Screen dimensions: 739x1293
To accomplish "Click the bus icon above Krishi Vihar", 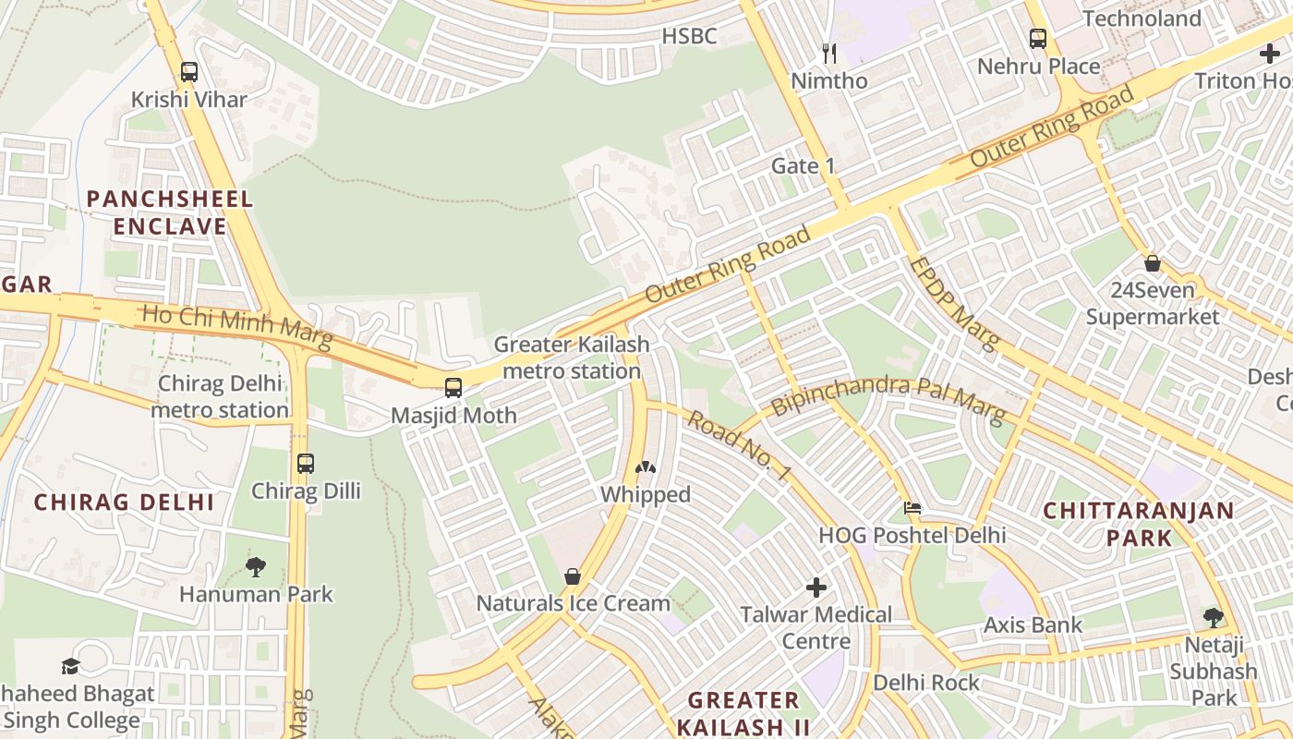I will (189, 71).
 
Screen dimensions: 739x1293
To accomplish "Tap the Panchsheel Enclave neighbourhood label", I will (169, 212).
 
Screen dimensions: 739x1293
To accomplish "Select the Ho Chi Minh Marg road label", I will (236, 326).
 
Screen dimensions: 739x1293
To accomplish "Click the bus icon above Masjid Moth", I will (453, 387).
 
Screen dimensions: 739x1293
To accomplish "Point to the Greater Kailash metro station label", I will (571, 357).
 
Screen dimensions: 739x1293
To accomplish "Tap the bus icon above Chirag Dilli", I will (305, 463).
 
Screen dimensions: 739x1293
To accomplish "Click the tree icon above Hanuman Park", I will (256, 566).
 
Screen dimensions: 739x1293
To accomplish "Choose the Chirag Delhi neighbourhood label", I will (124, 503).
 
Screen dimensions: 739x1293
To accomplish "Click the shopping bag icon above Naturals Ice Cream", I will (573, 576).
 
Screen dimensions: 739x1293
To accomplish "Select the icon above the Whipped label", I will (646, 468).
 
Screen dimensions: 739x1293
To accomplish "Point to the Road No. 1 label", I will (739, 444).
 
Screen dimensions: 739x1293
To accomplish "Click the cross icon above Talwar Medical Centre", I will (816, 587).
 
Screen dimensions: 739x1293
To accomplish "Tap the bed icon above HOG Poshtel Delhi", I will (912, 508).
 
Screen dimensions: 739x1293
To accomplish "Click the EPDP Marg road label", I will (954, 303).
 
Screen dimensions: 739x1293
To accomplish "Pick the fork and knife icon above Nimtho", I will (828, 54).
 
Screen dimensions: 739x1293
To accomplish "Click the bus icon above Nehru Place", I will (1038, 39).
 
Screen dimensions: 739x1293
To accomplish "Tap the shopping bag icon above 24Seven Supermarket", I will (1152, 263).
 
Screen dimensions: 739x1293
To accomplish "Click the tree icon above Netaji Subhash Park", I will (1213, 617).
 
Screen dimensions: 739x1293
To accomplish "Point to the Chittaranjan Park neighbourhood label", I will (1152, 524).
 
